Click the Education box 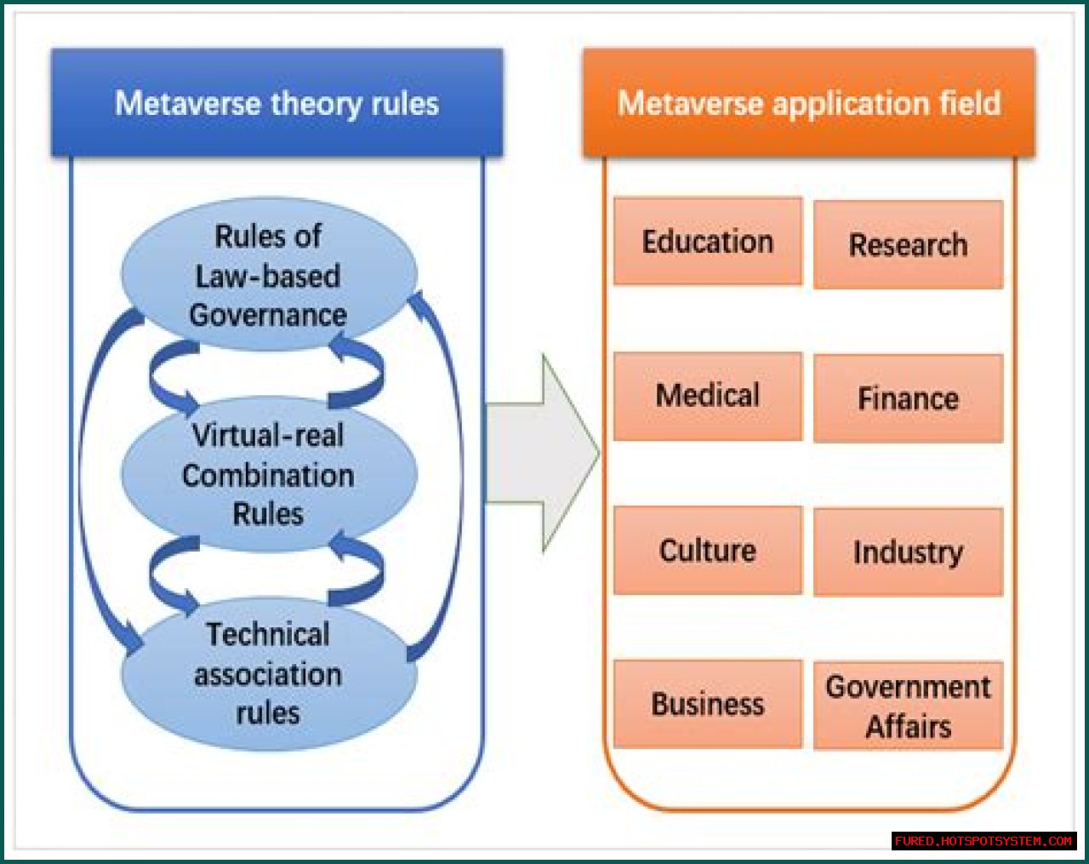[x=707, y=242]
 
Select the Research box [x=908, y=245]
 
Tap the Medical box [x=707, y=396]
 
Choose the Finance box [x=908, y=398]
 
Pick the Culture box [x=707, y=551]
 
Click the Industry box [x=908, y=552]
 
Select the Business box [x=707, y=704]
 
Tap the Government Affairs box [x=908, y=706]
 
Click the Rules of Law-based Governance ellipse [x=268, y=275]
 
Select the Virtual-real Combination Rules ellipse [x=268, y=474]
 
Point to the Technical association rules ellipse [x=268, y=673]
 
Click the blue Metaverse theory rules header [x=277, y=103]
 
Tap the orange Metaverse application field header [x=808, y=103]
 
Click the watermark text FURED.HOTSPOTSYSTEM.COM [x=984, y=841]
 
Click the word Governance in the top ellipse [x=268, y=315]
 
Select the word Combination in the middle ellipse [x=268, y=475]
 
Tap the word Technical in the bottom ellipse [x=268, y=634]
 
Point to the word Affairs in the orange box [x=908, y=727]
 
